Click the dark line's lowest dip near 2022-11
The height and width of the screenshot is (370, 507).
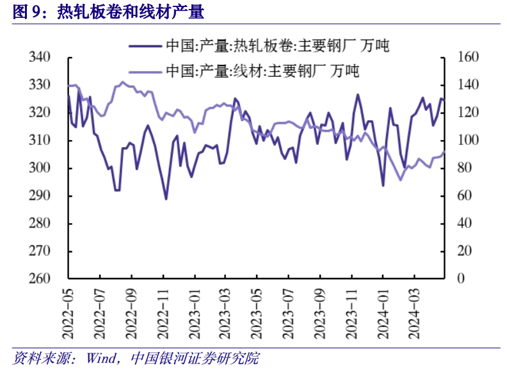[166, 199]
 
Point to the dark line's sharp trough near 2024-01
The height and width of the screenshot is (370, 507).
[383, 185]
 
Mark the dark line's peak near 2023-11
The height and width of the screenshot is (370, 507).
[358, 95]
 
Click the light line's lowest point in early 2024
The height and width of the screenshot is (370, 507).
[401, 180]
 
